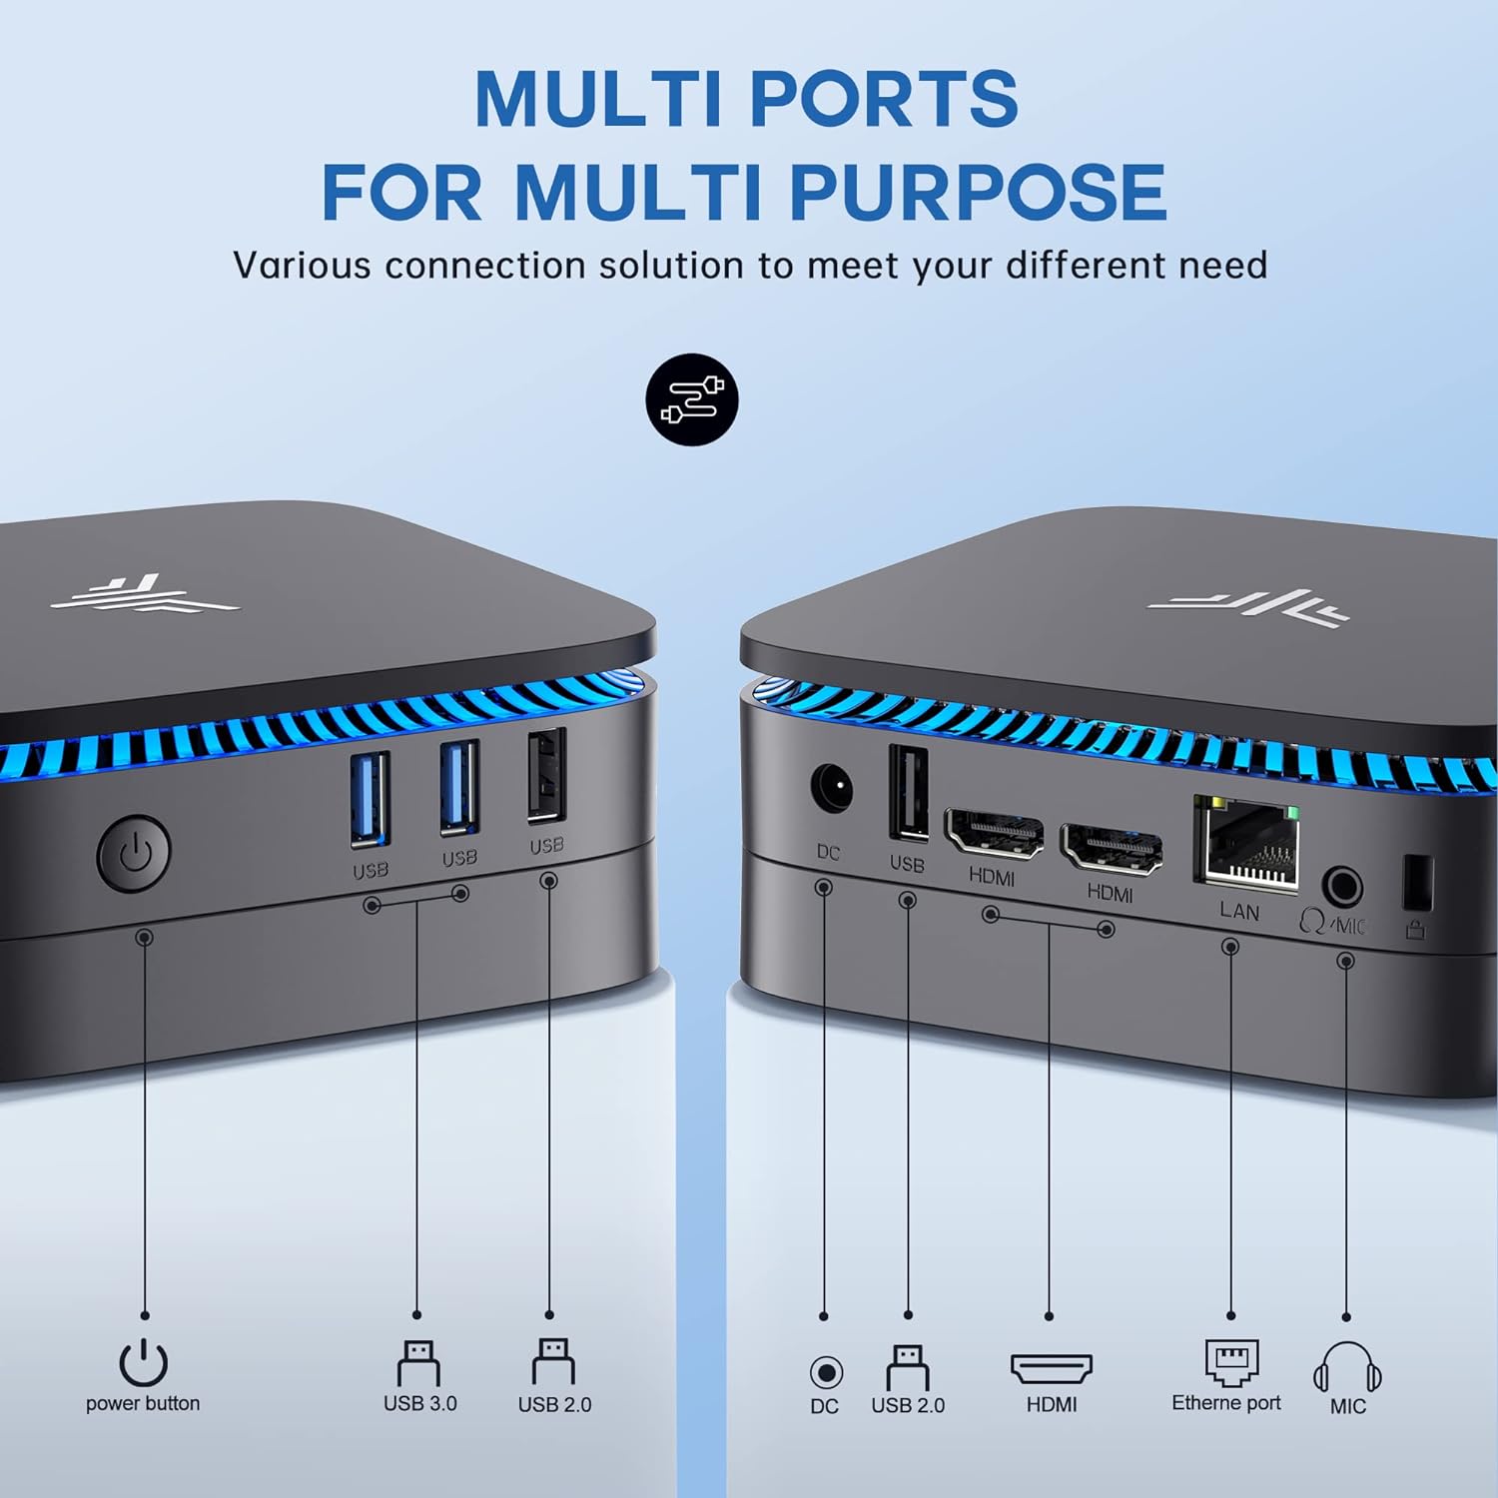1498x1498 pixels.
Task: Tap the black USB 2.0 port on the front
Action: click(546, 775)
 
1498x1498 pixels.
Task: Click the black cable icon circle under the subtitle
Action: click(692, 399)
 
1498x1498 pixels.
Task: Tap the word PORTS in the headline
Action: click(884, 98)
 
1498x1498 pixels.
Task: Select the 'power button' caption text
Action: click(143, 1403)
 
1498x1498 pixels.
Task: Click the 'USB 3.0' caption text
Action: click(420, 1403)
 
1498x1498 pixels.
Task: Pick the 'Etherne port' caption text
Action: click(1226, 1403)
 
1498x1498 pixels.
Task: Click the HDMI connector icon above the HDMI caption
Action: click(1052, 1369)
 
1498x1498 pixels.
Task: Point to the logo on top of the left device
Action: click(146, 594)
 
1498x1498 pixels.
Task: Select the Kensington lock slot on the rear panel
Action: click(1418, 883)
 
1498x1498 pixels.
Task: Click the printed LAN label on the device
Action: click(1239, 911)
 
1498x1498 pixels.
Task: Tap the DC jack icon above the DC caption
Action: click(826, 1372)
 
